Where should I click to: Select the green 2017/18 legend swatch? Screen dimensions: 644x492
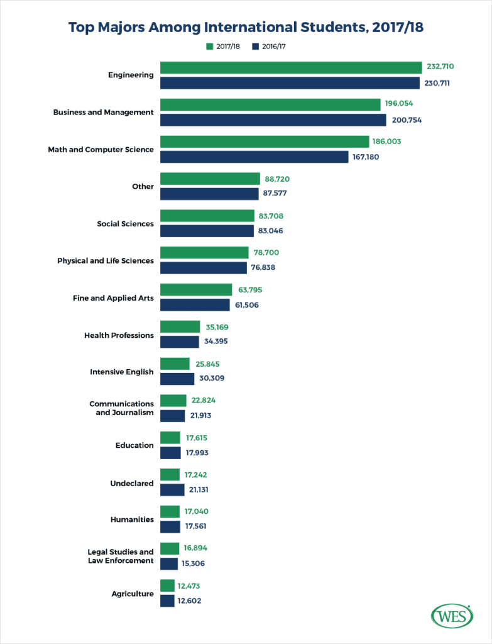pos(210,47)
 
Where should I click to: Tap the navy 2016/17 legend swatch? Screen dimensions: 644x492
pos(255,47)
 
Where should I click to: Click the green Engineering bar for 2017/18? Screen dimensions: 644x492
pos(291,67)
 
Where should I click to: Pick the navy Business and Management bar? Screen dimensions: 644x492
pos(273,119)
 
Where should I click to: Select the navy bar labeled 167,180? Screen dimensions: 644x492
pos(254,157)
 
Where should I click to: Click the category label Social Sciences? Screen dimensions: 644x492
pos(125,224)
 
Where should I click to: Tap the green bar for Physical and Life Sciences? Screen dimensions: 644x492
pos(204,253)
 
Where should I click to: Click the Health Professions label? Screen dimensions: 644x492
pos(119,335)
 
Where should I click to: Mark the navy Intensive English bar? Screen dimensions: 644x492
pos(177,379)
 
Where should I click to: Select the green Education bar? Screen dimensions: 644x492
pos(170,438)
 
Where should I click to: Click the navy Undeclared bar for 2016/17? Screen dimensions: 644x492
pos(172,490)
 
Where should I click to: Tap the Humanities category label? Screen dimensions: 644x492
pos(132,519)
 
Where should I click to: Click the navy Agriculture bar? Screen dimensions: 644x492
pos(167,601)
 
